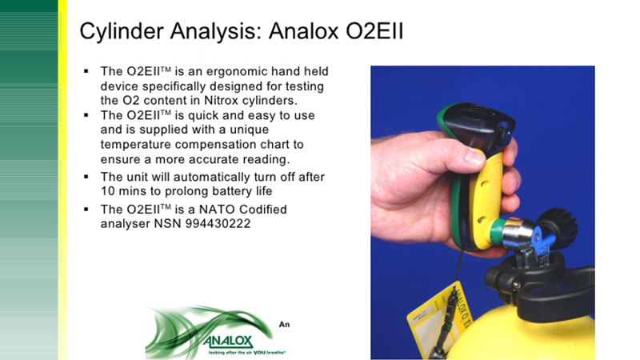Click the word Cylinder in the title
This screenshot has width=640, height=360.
122,32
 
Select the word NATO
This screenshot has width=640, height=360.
217,210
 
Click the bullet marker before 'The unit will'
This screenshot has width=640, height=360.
86,177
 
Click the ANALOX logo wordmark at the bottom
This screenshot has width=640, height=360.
228,342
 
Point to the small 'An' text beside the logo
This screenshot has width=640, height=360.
284,325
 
